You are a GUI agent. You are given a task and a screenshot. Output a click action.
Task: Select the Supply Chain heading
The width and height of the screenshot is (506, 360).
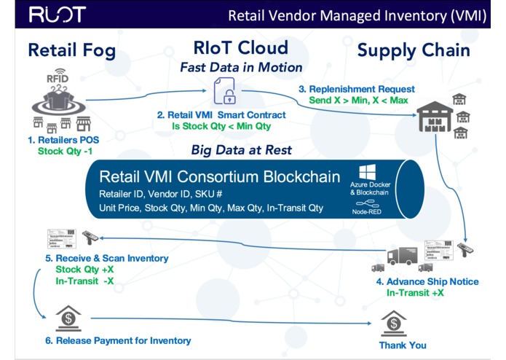[413, 50]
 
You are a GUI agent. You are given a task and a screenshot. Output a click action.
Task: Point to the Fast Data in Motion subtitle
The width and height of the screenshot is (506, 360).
[241, 68]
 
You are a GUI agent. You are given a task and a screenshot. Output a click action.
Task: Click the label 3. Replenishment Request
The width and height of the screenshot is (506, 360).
[352, 88]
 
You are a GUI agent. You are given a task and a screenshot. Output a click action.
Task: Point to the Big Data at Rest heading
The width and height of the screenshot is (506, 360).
[241, 150]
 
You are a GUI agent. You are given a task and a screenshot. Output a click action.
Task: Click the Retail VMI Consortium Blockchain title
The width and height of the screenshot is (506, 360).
[219, 177]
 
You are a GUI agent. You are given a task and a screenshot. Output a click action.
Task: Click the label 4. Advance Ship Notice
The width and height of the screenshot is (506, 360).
[416, 282]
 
